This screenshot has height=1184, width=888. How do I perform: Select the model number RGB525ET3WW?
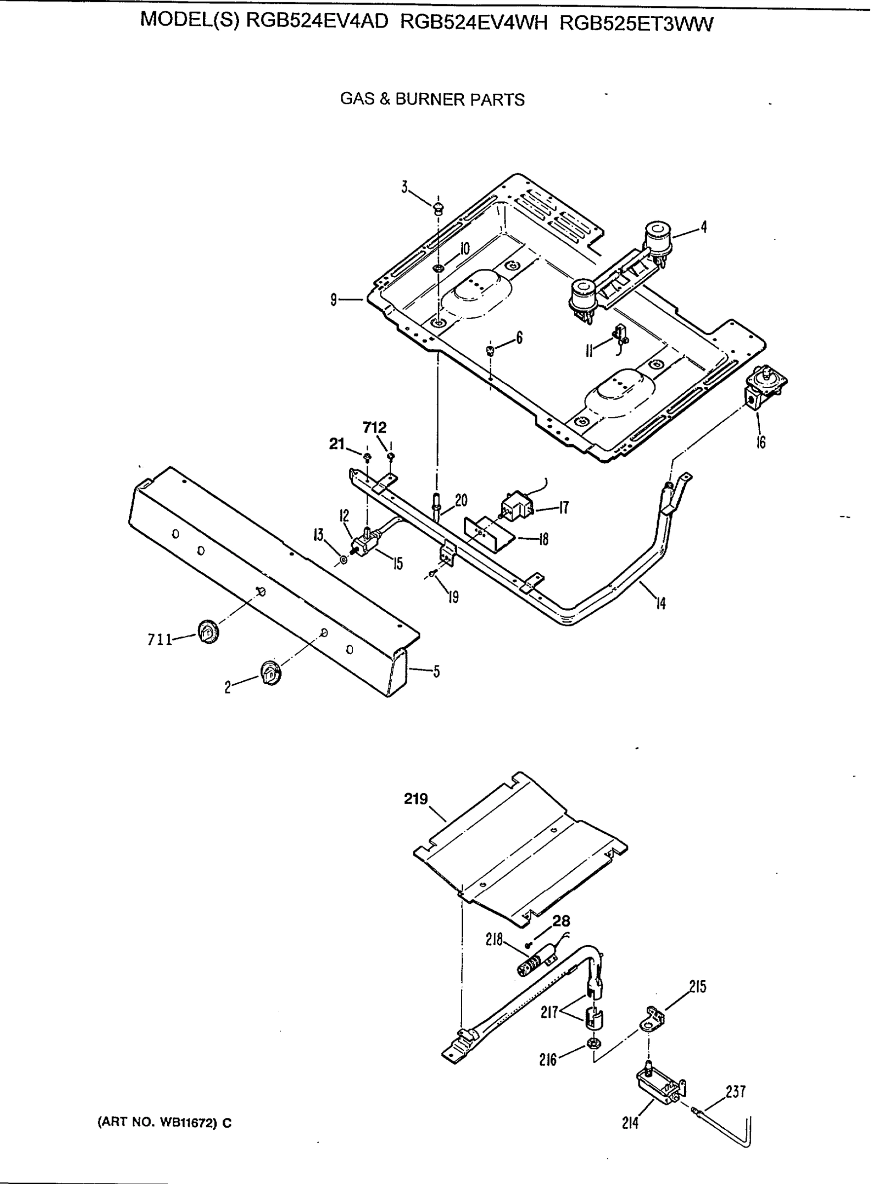(x=636, y=24)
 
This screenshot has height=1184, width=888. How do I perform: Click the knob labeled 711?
(x=208, y=632)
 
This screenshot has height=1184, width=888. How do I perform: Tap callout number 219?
(x=416, y=799)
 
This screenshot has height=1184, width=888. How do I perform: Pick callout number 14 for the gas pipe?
(x=662, y=603)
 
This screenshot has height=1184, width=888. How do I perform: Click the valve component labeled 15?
(x=365, y=547)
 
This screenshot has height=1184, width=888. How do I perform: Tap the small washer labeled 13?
(x=343, y=560)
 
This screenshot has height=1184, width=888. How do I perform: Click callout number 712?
(x=374, y=428)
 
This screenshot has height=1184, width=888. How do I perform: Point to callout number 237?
(x=736, y=1092)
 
